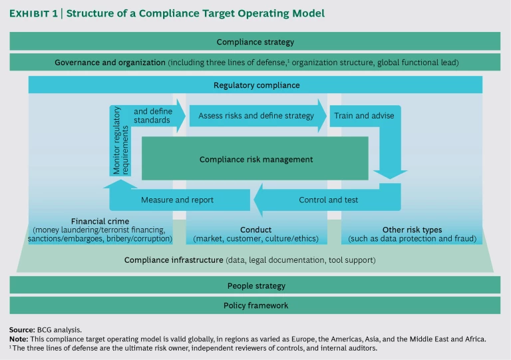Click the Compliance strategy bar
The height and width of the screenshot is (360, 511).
255,42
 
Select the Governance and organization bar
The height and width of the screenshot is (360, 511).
255,63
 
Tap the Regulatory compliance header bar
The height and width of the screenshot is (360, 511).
255,85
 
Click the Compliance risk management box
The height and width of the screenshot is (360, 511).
255,159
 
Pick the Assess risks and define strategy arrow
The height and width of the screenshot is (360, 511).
256,116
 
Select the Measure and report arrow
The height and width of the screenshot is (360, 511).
177,199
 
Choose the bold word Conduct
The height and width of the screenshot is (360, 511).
256,230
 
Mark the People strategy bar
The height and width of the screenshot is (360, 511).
255,285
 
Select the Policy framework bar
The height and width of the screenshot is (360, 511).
255,305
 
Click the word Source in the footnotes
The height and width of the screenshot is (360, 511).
22,329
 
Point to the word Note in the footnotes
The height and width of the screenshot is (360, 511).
19,338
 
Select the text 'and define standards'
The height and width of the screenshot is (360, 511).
152,116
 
